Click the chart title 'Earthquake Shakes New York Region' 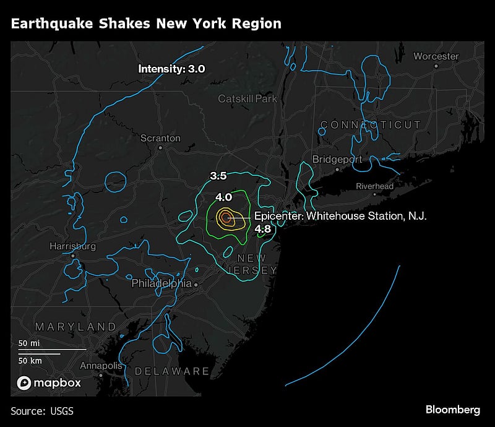click(146, 24)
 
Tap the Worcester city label click(436, 56)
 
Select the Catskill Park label click(247, 98)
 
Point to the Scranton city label click(160, 138)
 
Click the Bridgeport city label click(337, 159)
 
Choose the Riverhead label click(374, 186)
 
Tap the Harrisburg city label click(73, 246)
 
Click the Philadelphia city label click(161, 283)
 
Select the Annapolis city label click(101, 366)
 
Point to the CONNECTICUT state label click(371, 125)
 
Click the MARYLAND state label click(75, 326)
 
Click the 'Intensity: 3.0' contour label click(171, 69)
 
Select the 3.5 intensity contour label click(218, 176)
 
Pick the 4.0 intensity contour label click(223, 197)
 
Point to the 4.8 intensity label click(263, 229)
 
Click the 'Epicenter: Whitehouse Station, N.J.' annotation click(340, 216)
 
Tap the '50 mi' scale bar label click(30, 343)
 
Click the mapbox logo click(49, 383)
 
